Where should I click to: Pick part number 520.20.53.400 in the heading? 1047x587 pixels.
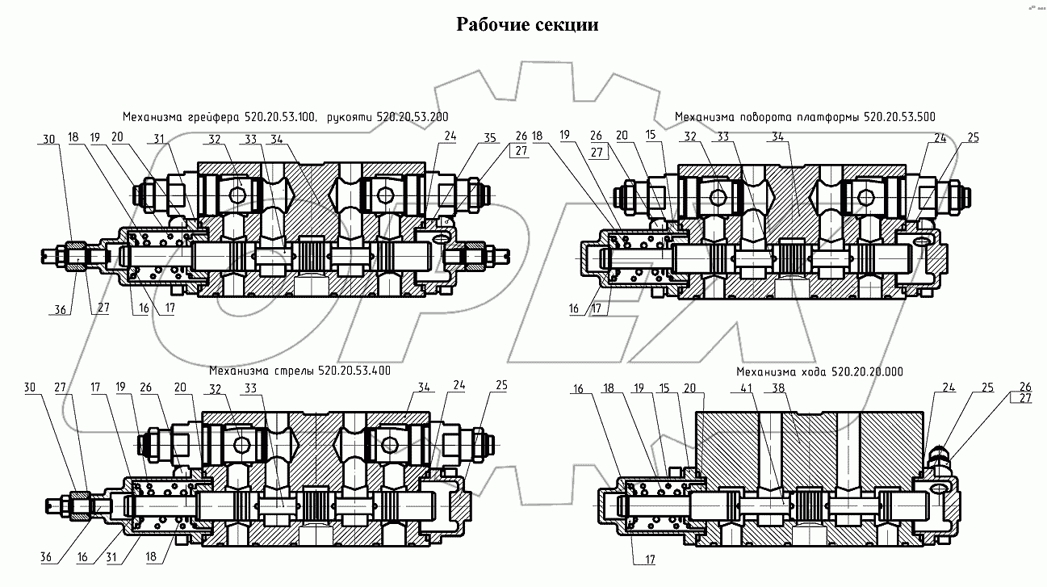(354, 372)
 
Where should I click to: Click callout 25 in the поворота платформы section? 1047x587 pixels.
(973, 138)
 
